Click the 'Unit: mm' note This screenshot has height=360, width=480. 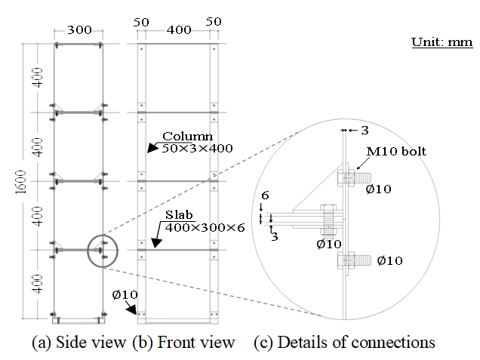[442, 42]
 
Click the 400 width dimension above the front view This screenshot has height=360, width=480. [178, 29]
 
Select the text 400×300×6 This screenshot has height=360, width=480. [205, 226]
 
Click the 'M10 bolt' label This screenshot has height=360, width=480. [396, 151]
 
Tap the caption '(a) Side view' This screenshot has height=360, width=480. [78, 342]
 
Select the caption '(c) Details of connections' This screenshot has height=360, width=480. [345, 342]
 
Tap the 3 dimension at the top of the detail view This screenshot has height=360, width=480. [365, 131]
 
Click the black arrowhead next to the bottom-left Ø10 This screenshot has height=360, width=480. [132, 309]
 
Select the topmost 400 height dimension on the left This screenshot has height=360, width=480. [38, 78]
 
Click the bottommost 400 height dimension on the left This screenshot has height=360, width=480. [38, 283]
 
